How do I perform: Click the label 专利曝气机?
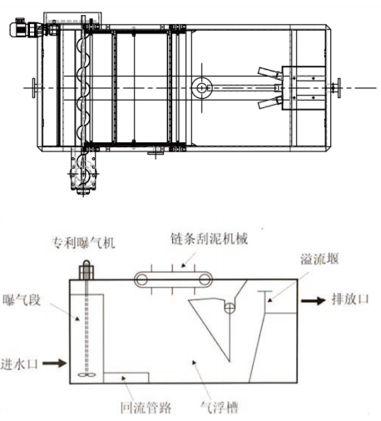pyautogui.click(x=83, y=243)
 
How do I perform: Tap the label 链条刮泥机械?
pyautogui.click(x=209, y=239)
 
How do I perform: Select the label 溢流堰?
pyautogui.click(x=319, y=259)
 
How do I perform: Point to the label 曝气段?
pyautogui.click(x=22, y=300)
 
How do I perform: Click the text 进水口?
pyautogui.click(x=19, y=364)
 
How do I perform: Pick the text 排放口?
pyautogui.click(x=350, y=300)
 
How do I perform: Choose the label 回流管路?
pyautogui.click(x=146, y=408)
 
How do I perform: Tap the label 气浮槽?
pyautogui.click(x=220, y=408)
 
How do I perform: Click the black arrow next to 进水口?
pyautogui.click(x=54, y=363)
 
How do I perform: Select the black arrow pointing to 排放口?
pyautogui.click(x=313, y=300)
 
